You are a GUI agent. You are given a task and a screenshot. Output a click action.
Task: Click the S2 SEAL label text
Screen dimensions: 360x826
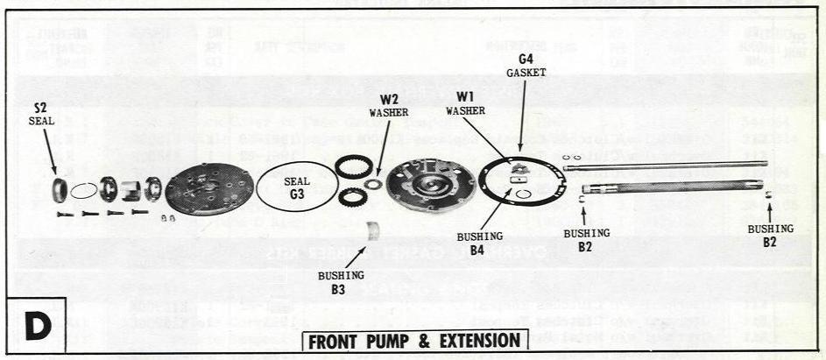coord(40,115)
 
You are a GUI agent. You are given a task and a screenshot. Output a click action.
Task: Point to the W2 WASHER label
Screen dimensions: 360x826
coord(388,105)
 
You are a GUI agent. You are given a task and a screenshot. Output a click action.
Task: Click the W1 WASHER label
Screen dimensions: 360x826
coord(465,103)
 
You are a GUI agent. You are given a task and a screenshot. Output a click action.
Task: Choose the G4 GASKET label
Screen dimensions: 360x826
coord(526,67)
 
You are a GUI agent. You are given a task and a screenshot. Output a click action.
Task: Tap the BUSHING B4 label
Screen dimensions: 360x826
coord(479,243)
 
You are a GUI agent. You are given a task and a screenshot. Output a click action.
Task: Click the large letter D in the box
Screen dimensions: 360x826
coord(38,326)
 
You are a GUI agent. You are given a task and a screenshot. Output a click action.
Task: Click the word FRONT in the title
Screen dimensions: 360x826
coord(340,342)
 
